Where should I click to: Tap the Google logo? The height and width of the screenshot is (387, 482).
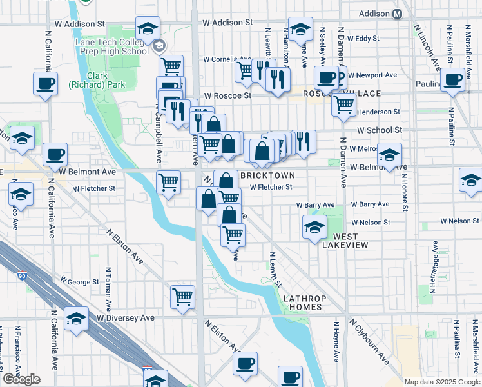point(21,379)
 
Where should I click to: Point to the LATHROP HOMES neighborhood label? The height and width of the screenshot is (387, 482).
point(302,303)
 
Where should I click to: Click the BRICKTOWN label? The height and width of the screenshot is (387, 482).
point(267,175)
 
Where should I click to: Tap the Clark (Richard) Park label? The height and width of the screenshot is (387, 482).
point(88,79)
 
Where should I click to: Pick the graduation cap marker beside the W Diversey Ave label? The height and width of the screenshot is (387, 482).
point(76,319)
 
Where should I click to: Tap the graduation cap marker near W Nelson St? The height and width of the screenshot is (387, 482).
point(314,227)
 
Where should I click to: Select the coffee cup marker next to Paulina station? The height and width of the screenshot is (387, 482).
point(453,81)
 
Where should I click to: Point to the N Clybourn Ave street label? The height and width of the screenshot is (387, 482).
point(369,340)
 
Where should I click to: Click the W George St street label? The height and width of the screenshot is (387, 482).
point(79,282)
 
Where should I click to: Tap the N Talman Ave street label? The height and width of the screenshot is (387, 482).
point(108,287)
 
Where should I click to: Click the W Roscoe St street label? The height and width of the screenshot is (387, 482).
point(226,95)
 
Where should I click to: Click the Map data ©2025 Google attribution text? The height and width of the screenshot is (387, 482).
point(441,381)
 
